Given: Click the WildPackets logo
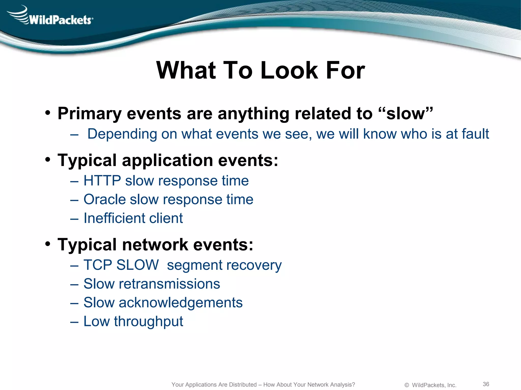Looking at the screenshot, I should (51, 17).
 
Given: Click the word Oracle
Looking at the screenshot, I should (105, 199).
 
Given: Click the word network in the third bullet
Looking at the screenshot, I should (155, 245).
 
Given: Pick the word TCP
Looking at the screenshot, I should (98, 265).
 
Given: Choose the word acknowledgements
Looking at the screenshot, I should (181, 303).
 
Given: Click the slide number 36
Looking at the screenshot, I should (486, 384).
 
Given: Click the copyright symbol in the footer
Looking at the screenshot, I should (407, 385).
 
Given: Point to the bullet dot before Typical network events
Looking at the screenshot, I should (48, 244).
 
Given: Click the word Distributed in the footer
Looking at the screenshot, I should (243, 385).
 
